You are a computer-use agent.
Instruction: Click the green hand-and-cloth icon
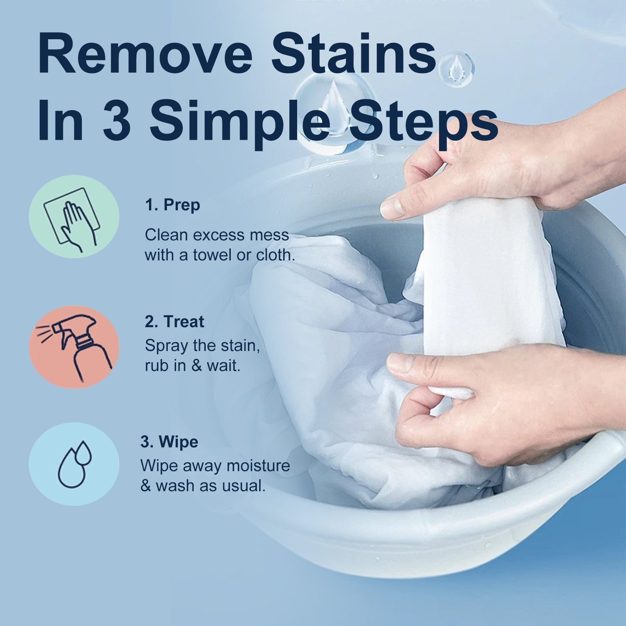coord(74,217)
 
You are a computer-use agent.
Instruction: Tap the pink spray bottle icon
coord(74,347)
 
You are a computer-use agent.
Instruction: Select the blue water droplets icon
coord(74,464)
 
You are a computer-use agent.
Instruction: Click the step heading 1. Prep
coord(173,205)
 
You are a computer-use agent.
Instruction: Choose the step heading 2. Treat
coord(174,322)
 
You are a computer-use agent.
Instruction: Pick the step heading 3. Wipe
coord(169,442)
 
